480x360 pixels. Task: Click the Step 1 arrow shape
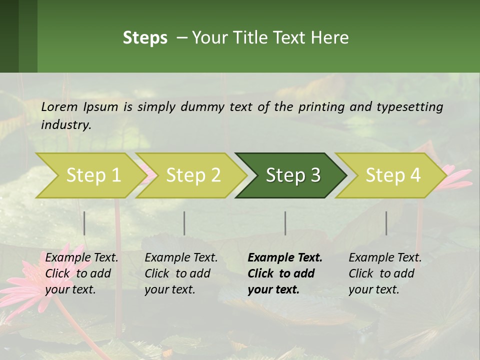click(x=93, y=175)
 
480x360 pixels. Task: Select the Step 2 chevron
click(x=193, y=175)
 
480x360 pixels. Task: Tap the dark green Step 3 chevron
click(x=292, y=175)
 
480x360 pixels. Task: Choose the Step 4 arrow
click(x=392, y=175)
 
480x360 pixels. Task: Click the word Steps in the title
click(x=145, y=37)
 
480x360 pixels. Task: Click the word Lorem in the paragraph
click(x=59, y=106)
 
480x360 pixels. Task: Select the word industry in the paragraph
click(x=65, y=124)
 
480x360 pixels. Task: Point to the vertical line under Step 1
click(x=84, y=223)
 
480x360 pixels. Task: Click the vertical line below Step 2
click(x=184, y=223)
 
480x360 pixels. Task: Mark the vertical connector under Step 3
click(x=285, y=223)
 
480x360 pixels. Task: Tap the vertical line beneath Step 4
click(x=386, y=223)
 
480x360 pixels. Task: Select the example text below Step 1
click(x=81, y=273)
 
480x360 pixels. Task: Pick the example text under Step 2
click(x=181, y=273)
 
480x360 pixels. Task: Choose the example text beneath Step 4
click(x=385, y=273)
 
